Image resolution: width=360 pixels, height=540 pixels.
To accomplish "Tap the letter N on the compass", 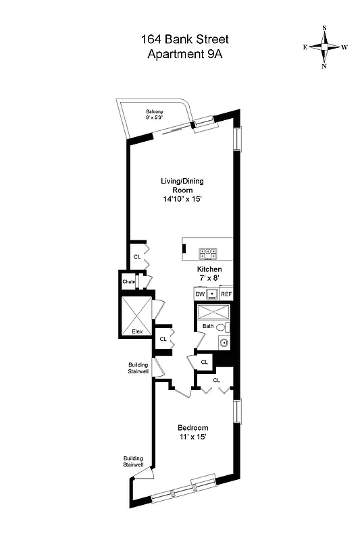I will click(324, 66).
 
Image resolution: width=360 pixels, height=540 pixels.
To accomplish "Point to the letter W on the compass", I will click(344, 47).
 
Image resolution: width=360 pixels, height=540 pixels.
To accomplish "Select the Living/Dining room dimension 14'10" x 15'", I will click(182, 199).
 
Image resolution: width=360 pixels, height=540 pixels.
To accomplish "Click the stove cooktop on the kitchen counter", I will click(207, 254).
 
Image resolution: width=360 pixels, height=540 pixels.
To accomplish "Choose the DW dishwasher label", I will click(200, 294).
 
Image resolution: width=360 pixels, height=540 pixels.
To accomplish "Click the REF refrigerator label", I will click(226, 294).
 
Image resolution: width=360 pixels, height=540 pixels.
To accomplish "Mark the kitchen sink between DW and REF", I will click(212, 294).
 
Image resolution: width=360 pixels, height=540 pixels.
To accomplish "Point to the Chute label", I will click(128, 281).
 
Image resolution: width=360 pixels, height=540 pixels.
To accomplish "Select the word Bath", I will click(208, 327).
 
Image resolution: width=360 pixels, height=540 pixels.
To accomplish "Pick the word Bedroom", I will click(192, 428).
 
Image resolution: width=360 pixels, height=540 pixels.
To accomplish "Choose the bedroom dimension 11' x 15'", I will click(192, 437).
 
